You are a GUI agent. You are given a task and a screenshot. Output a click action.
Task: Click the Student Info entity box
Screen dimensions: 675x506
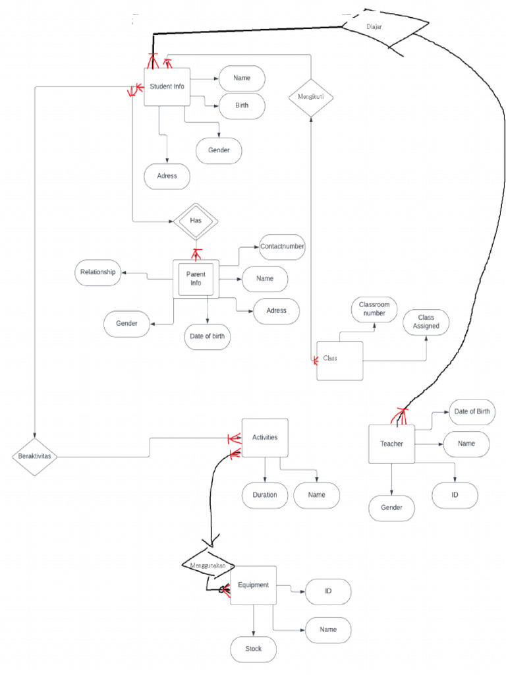click(x=167, y=87)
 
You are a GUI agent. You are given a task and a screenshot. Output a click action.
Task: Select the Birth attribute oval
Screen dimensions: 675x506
click(x=242, y=105)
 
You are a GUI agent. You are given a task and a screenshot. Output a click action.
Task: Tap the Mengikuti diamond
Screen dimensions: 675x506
click(x=311, y=97)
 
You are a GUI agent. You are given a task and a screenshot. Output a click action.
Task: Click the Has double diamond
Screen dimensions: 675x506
click(x=196, y=220)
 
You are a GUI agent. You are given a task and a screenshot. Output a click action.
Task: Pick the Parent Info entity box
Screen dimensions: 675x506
click(x=196, y=279)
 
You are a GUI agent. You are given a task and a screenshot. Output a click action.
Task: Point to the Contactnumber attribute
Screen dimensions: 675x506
click(x=283, y=247)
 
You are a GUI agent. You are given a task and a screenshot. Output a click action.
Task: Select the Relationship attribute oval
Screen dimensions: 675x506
click(x=98, y=272)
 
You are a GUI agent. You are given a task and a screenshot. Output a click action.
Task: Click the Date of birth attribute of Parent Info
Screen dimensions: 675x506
click(x=207, y=336)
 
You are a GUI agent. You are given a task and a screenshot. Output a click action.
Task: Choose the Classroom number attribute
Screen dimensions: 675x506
click(x=374, y=308)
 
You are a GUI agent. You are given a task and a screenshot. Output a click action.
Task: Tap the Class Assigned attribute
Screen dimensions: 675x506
click(x=426, y=322)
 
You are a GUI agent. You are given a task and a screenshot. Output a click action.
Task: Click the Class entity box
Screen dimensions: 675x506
click(x=339, y=360)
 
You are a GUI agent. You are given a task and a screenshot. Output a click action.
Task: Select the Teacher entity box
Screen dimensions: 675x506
click(x=391, y=444)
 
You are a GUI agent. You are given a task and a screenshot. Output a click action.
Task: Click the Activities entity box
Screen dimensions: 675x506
click(x=265, y=438)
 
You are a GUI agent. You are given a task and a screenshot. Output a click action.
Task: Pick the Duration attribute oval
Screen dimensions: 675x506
click(x=264, y=495)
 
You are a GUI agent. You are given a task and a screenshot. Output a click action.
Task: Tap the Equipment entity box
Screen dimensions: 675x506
click(x=253, y=585)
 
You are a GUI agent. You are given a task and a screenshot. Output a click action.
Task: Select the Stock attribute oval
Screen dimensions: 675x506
click(x=253, y=649)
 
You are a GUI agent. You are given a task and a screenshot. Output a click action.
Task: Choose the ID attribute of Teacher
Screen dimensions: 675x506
click(x=455, y=495)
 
